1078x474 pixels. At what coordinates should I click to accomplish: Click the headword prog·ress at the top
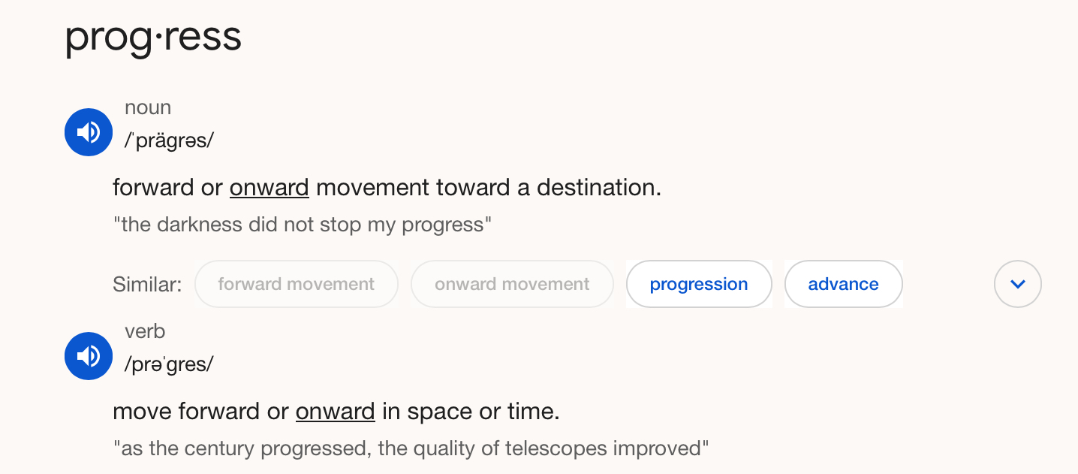point(153,38)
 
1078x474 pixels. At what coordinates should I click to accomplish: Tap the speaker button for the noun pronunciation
point(89,132)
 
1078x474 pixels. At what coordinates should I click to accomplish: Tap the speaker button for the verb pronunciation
point(89,356)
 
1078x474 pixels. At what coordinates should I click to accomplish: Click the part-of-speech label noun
point(148,107)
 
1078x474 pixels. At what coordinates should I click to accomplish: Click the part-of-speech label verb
point(145,331)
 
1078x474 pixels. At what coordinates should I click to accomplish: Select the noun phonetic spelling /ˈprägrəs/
point(169,140)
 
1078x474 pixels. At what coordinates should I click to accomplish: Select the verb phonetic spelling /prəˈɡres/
point(169,364)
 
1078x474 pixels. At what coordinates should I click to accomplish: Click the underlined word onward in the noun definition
point(269,187)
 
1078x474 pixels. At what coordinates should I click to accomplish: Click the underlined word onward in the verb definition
point(335,412)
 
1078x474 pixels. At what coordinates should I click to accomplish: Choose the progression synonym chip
point(699,284)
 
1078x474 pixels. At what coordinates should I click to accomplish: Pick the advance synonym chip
point(843,284)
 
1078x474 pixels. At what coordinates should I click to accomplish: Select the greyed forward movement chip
point(296,284)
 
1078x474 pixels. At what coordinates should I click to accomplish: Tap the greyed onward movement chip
point(512,284)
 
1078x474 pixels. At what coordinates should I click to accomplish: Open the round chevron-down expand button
point(1018,284)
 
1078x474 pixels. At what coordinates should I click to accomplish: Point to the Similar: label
point(147,285)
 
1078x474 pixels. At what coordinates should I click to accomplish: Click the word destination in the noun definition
point(599,187)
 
